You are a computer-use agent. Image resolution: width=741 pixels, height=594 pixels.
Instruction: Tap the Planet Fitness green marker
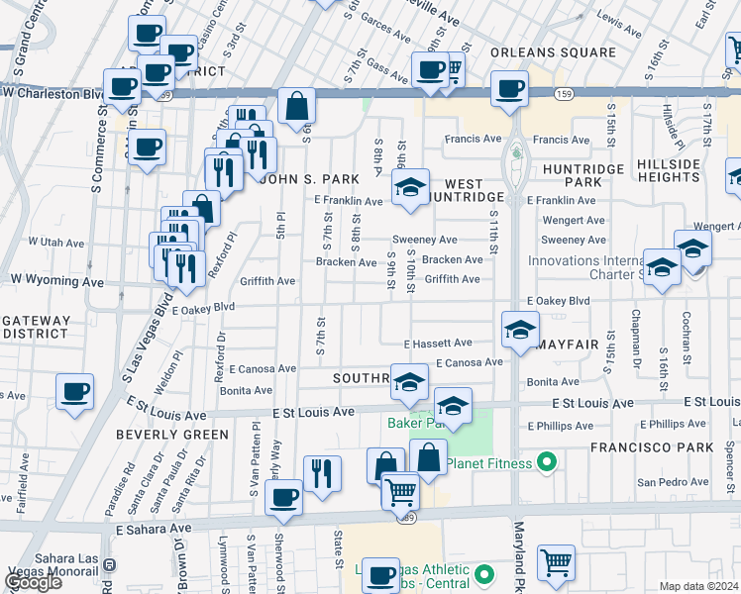[x=545, y=462]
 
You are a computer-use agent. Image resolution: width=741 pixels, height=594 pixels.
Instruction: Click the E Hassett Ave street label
[x=437, y=343]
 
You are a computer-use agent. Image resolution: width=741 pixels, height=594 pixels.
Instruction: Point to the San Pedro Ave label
[x=672, y=482]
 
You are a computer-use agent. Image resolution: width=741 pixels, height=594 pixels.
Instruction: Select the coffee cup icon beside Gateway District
[x=74, y=392]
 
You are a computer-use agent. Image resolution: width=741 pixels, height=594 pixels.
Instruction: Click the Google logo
[x=34, y=583]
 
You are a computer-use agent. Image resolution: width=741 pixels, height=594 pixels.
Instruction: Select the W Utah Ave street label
[x=56, y=242]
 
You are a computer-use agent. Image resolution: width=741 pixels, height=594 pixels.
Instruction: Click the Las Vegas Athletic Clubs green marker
[x=483, y=574]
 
